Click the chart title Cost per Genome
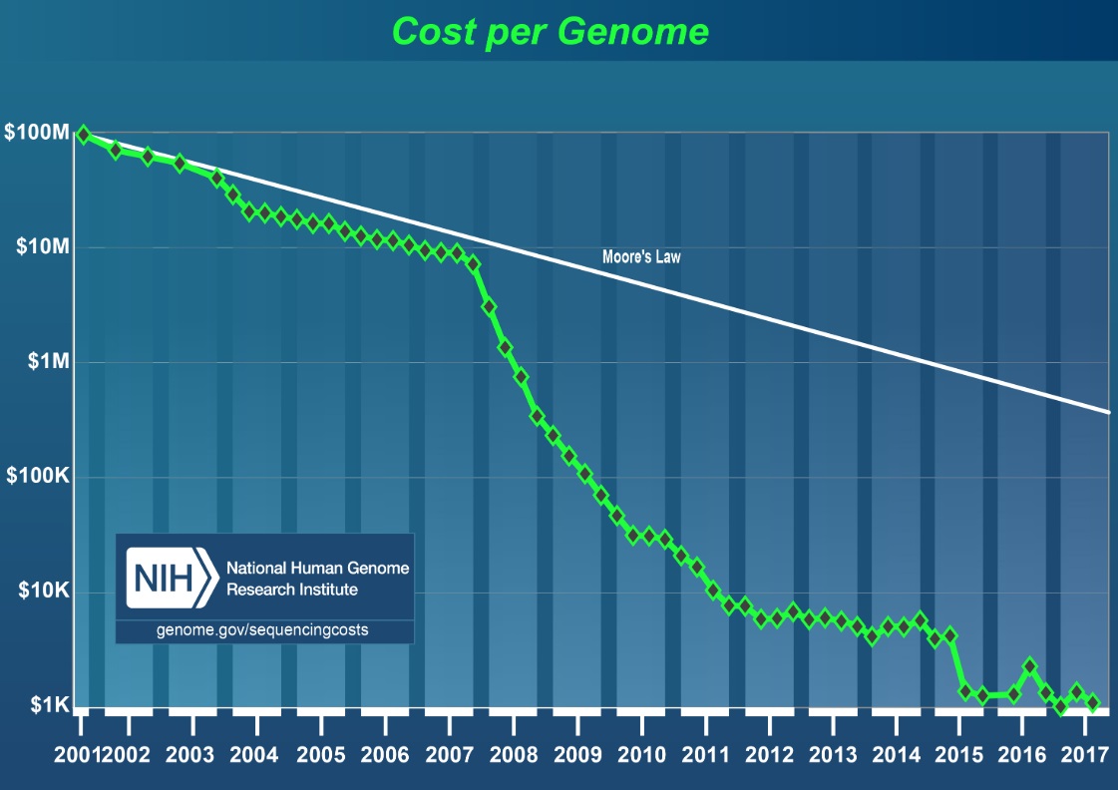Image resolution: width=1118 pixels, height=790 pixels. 551,31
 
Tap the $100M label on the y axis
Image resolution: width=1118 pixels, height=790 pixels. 37,132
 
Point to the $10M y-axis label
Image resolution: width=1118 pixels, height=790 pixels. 41,246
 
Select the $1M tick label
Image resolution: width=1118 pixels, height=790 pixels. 46,361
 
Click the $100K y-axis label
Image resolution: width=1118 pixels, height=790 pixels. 38,477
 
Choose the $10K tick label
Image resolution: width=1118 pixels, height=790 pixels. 43,592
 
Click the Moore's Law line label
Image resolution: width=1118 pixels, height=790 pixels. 641,256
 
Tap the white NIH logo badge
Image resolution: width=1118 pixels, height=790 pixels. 170,578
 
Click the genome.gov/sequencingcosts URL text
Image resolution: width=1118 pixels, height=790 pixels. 262,630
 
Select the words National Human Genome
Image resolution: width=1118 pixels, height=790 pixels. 317,568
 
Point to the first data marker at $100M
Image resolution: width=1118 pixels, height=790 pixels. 84,134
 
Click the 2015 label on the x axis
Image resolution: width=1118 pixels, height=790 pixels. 958,752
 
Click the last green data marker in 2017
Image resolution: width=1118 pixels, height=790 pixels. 1093,702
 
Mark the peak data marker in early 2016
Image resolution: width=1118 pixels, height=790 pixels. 1030,666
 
